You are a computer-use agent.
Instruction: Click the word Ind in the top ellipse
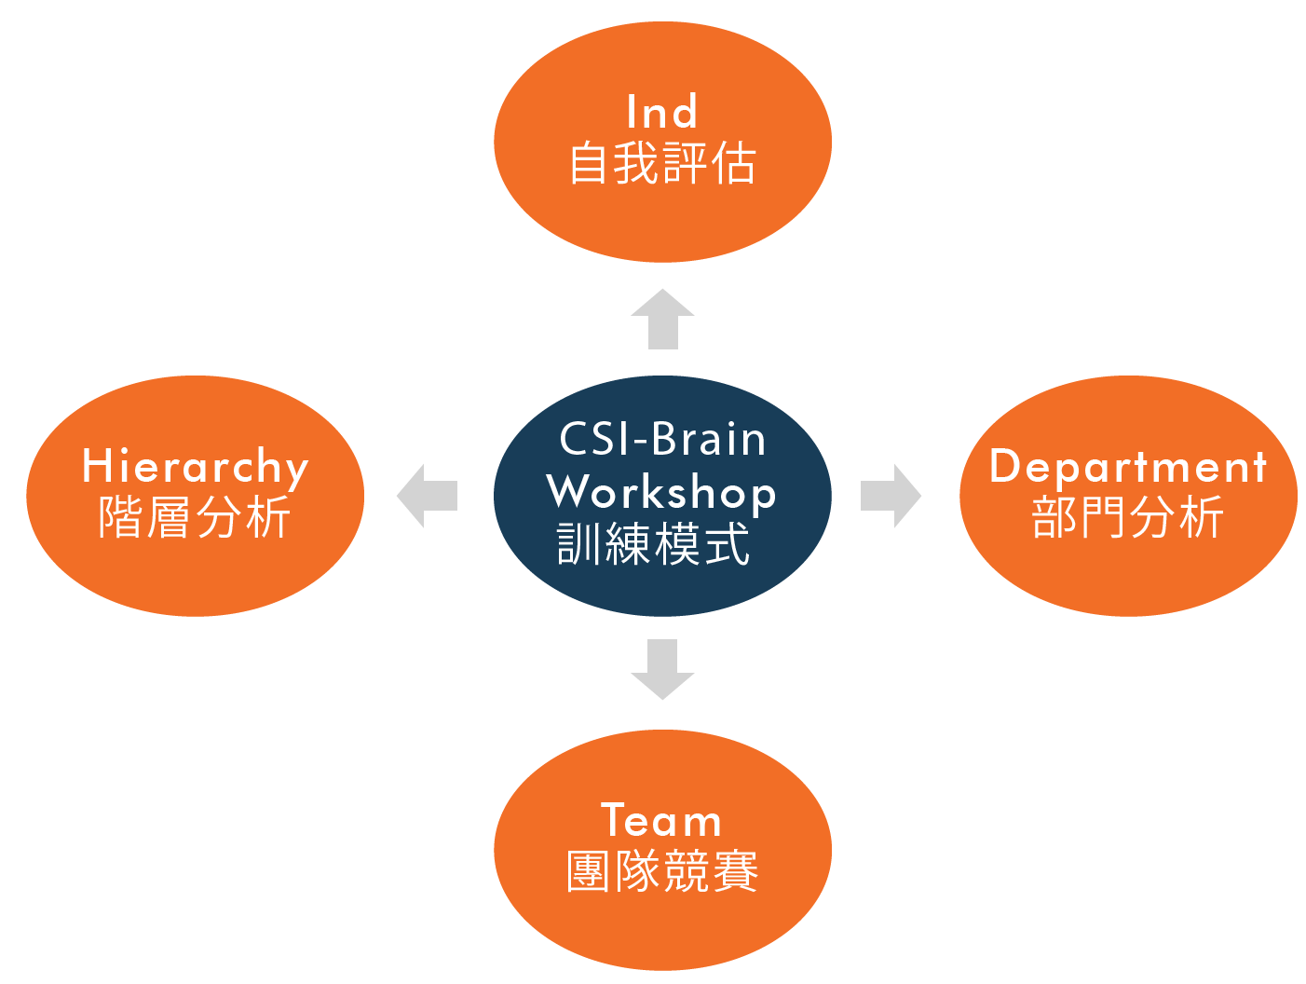(x=661, y=113)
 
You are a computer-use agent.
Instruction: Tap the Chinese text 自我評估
(x=661, y=163)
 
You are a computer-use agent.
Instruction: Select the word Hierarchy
(x=196, y=467)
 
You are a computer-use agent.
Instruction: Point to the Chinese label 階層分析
(x=195, y=517)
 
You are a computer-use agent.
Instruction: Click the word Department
(x=1128, y=467)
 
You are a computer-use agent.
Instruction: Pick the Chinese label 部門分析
(x=1127, y=517)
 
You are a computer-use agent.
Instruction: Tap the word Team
(x=661, y=821)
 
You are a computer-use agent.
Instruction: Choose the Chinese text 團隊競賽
(x=661, y=872)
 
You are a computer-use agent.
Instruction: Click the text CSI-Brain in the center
(x=662, y=439)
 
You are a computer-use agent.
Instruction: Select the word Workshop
(x=661, y=491)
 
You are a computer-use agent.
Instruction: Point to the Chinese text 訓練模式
(x=654, y=544)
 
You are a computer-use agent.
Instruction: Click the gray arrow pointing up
(x=662, y=320)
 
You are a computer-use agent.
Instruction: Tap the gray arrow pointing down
(x=662, y=669)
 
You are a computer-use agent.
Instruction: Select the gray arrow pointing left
(x=427, y=496)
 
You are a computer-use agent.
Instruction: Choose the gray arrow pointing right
(x=891, y=496)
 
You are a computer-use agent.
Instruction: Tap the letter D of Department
(x=1004, y=465)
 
